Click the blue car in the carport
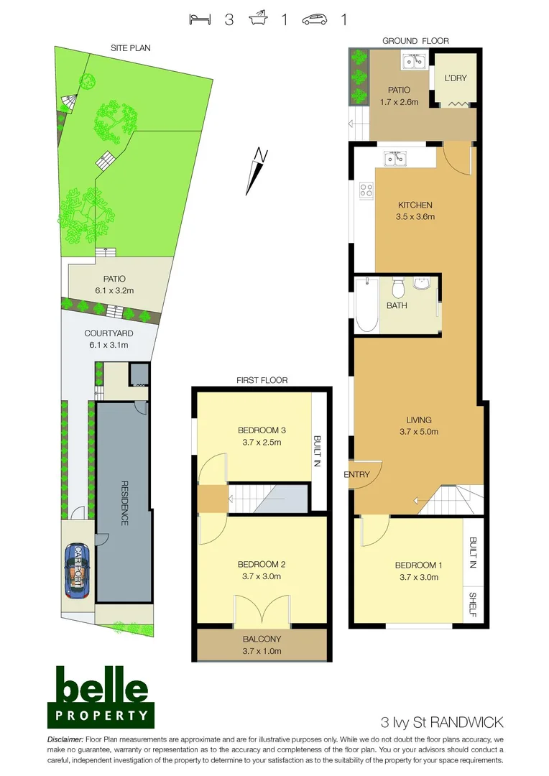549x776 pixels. [77, 571]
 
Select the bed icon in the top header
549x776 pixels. [199, 19]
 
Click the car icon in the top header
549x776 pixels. [315, 19]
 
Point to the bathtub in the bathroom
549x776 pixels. [366, 305]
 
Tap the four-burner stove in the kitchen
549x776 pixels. [366, 190]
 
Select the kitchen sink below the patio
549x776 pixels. [395, 158]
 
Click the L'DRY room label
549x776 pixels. [456, 78]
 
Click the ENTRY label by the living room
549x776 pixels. [357, 474]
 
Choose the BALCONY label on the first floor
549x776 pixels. [262, 639]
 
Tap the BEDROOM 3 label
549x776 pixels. [262, 430]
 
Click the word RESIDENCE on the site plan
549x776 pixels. [124, 503]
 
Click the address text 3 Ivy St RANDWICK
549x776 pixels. [441, 721]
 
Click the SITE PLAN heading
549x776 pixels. [130, 48]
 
